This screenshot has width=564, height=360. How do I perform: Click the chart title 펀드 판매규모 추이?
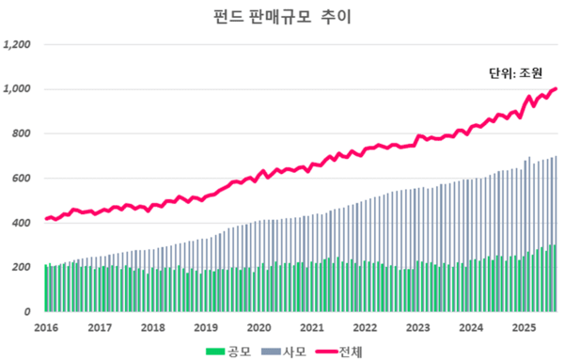coord(281,17)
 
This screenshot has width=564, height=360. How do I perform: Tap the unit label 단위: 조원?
coord(516,72)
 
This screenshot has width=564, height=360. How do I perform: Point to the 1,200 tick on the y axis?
coord(19,44)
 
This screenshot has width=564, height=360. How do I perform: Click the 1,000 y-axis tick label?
coord(19,89)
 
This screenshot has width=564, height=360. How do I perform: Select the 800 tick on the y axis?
coord(23,133)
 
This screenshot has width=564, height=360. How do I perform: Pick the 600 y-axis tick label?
coord(23,179)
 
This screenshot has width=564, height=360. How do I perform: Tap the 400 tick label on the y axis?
coord(23,223)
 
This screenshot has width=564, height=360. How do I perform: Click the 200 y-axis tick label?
coord(23,268)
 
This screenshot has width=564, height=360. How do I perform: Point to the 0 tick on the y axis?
coord(29,312)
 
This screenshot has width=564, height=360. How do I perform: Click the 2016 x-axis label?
coord(46,327)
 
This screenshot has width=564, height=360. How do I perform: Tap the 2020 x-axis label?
coord(259,327)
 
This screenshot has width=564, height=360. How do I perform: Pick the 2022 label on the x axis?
coord(366,327)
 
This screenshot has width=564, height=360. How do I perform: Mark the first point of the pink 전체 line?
coord(46,219)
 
